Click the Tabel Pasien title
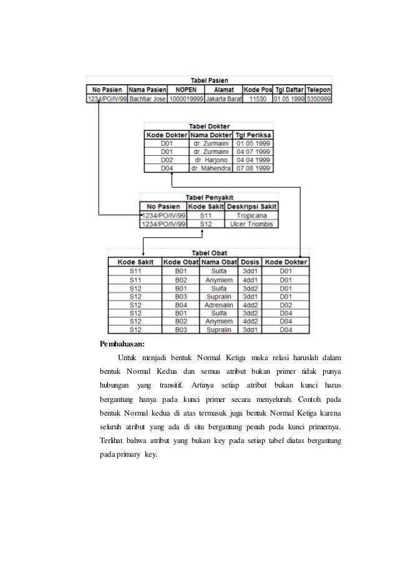point(209,80)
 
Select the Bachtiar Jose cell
point(147,98)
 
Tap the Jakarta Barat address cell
point(223,98)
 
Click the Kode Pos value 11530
point(257,98)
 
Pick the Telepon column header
point(319,89)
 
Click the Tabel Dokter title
point(209,126)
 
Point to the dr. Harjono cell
point(210,159)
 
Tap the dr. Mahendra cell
point(210,168)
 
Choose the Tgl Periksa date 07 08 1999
point(253,168)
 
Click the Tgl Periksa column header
point(253,134)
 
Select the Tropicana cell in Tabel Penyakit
point(251,215)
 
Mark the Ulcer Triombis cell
point(251,223)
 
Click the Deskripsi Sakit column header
point(251,206)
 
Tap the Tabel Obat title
point(208,253)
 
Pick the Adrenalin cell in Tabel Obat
point(219,305)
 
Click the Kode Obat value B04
point(181,305)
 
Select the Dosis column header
point(251,262)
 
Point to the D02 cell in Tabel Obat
point(286,305)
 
